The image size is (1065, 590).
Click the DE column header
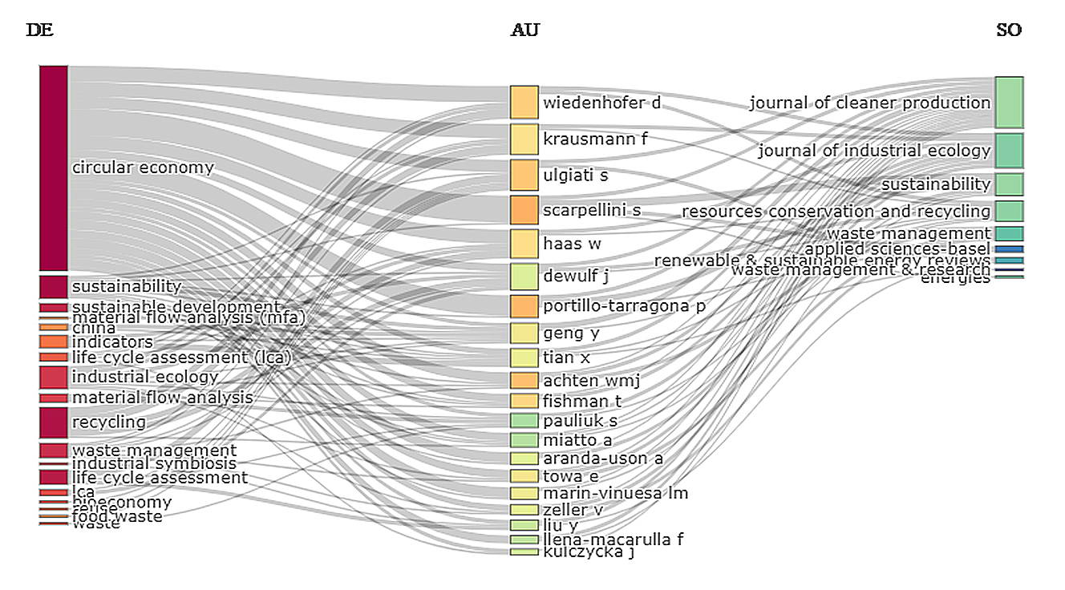(x=39, y=30)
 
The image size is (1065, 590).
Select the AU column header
(x=524, y=30)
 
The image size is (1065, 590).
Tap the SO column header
(x=1009, y=30)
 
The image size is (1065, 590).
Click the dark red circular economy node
(x=54, y=168)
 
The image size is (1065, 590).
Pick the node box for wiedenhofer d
(x=524, y=103)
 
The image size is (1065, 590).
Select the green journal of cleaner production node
(x=1009, y=102)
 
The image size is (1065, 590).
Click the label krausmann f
(x=595, y=139)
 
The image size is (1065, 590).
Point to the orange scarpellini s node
(x=524, y=210)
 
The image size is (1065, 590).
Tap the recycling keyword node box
(x=54, y=422)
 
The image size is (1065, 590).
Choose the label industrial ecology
(x=145, y=377)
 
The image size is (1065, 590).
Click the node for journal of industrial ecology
(x=1009, y=151)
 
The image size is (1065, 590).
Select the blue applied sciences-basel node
(x=1009, y=249)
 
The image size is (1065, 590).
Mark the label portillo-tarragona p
(x=625, y=306)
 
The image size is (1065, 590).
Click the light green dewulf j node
(x=524, y=277)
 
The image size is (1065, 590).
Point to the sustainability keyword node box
(x=54, y=286)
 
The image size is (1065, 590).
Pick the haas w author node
(x=524, y=244)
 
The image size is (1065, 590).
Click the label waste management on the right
(x=909, y=233)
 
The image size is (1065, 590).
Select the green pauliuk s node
(x=524, y=421)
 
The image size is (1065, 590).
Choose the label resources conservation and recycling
(x=836, y=212)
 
